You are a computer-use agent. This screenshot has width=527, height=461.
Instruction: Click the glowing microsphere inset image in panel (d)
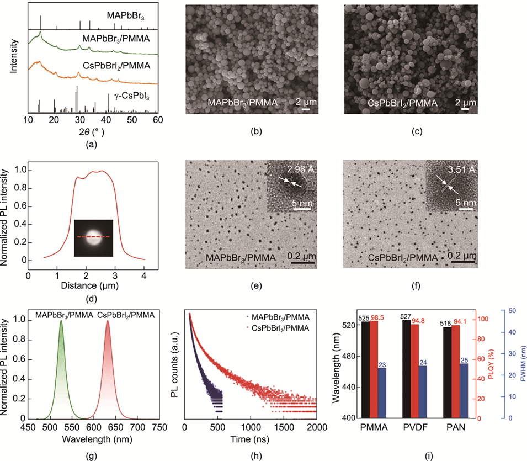coord(93,236)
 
